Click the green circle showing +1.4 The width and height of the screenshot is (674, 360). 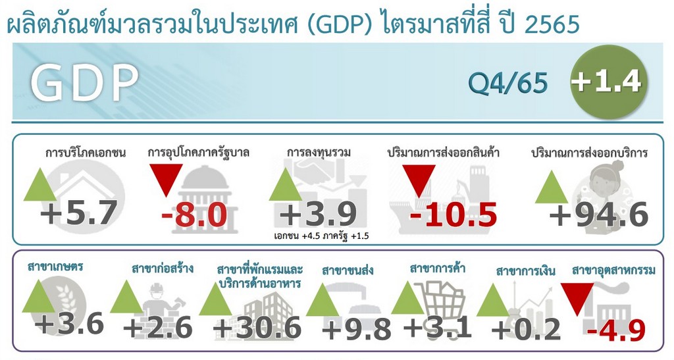[608, 82]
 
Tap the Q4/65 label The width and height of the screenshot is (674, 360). [507, 82]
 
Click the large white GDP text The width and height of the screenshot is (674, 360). [85, 83]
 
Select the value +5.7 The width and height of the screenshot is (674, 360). [79, 213]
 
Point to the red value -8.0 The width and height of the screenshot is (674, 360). [194, 215]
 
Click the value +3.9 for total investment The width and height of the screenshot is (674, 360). [318, 214]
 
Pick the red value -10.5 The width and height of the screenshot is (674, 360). [454, 215]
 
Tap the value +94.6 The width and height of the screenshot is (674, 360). [599, 215]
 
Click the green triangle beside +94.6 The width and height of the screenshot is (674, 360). [552, 187]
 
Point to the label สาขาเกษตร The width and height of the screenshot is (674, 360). [55, 267]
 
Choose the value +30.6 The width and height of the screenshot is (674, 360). [257, 328]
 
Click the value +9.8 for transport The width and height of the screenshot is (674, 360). [356, 329]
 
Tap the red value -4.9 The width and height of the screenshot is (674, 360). [616, 331]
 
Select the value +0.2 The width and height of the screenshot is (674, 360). [526, 330]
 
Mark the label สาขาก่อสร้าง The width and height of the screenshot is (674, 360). [163, 269]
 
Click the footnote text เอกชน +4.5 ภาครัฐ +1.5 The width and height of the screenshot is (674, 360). [321, 236]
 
